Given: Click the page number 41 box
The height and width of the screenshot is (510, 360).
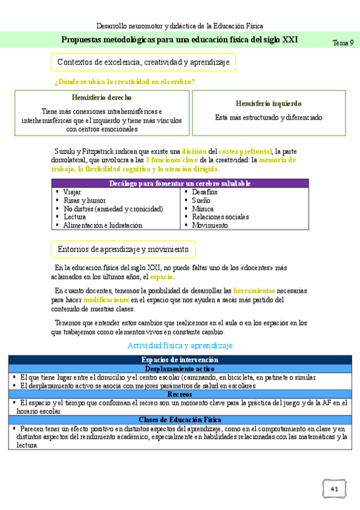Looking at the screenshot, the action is coord(334,490).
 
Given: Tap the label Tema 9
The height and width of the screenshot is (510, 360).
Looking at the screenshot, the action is coord(343,43).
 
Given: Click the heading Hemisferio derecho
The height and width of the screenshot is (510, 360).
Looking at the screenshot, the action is coord(102,97).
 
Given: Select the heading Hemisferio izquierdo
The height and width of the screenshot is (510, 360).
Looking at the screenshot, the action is coord(269,103).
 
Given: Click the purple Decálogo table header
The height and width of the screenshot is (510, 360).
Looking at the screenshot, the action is coord(180,183).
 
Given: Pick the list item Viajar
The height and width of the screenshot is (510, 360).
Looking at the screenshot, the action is coord(73,192).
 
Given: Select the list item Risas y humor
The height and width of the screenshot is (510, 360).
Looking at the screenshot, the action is coord(84,200).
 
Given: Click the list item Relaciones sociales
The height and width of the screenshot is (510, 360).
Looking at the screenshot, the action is coord(220,217).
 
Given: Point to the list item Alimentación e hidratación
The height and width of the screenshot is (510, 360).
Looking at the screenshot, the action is coord(102,226).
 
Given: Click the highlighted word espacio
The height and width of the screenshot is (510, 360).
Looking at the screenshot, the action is coord(162,277).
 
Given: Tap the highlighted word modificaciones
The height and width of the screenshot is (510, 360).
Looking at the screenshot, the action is coord(106,299).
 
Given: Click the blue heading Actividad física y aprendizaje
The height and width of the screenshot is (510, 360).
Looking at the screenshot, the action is coord(180,346).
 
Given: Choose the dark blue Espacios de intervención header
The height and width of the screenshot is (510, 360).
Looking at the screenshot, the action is coord(180,360).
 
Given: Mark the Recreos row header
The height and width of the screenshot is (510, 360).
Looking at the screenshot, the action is coord(180,394).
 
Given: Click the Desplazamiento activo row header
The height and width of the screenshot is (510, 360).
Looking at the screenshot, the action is coord(180,369).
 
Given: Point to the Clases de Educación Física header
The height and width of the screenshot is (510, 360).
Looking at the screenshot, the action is coord(180,420).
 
